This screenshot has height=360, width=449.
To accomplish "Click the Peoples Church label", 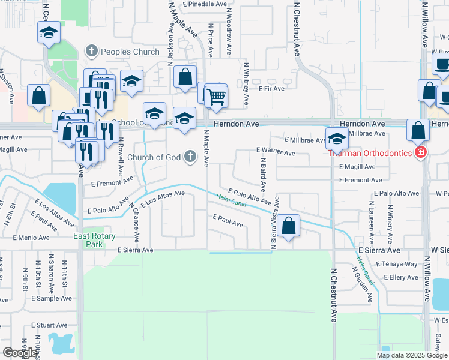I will pos(130,52).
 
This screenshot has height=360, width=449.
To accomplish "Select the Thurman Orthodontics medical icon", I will pos(421,152).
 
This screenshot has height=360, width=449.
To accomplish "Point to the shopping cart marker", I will pos(216,95).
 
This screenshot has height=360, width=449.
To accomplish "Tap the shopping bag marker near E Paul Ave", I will pos(289,227).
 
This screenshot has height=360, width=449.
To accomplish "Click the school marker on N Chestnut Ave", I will pos(337,139).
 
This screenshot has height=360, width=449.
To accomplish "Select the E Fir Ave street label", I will pos(271,88).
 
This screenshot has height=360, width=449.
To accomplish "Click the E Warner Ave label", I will pos(276,153).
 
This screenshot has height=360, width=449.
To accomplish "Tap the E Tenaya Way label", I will pos(396,264).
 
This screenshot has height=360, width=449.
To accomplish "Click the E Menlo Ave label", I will pos(32,238).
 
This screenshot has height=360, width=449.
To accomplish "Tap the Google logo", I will pos(20,352).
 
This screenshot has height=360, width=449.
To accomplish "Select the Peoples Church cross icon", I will pos(91,52).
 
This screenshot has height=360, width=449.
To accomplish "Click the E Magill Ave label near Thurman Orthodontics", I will pos(357,167).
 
